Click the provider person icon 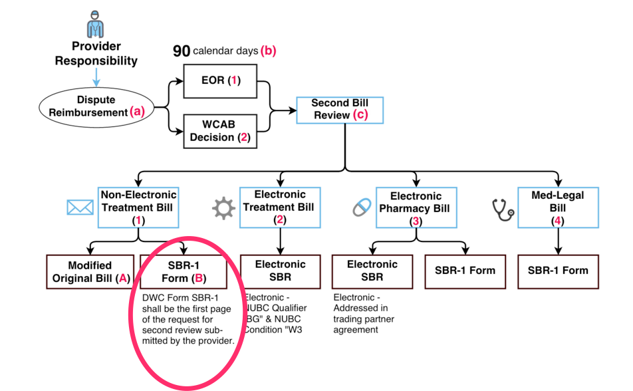96,24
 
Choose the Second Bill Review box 339,109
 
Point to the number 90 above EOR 182,51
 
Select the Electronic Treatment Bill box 280,207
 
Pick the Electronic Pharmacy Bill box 416,208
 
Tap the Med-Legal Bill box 557,208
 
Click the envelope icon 80,208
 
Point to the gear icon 223,209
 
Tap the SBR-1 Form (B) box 184,271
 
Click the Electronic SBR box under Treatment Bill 281,271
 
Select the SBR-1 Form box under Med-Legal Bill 558,271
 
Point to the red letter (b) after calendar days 269,51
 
